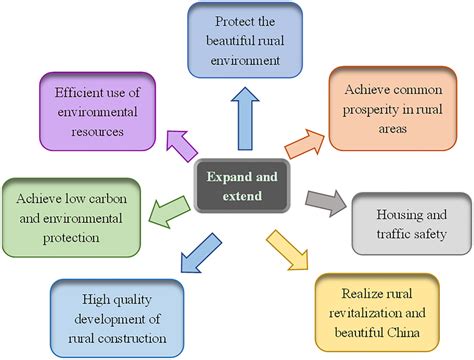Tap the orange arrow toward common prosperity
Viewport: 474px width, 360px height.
(303, 141)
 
